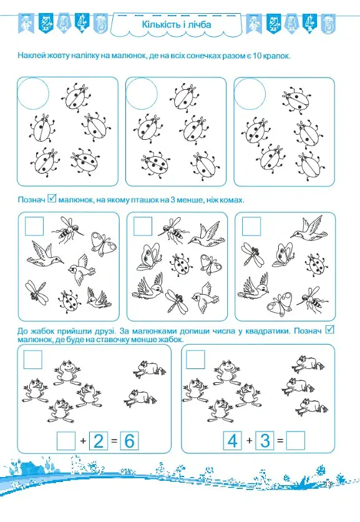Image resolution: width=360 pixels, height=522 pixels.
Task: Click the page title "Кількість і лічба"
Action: (x=177, y=24)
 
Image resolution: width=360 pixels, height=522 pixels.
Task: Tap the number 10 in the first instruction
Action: (x=257, y=56)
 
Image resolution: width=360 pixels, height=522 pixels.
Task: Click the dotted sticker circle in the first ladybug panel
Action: (x=33, y=94)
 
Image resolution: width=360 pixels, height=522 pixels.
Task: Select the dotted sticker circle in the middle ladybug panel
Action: (x=142, y=94)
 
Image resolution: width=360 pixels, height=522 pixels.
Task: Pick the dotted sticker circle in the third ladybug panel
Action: (x=250, y=94)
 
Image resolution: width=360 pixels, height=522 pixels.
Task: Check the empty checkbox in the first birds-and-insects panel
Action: (x=34, y=226)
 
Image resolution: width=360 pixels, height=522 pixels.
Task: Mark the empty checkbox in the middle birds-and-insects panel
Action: (x=143, y=227)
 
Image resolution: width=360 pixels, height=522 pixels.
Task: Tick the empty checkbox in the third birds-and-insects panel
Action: (x=251, y=227)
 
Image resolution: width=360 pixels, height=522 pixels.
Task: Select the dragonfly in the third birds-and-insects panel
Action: (x=253, y=254)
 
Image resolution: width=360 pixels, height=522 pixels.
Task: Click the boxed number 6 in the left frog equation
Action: (x=129, y=441)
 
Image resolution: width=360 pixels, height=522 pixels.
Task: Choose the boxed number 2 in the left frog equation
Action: (x=99, y=441)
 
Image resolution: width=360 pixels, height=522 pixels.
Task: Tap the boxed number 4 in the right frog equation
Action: (x=232, y=441)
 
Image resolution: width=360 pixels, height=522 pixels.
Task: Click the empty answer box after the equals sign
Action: (x=296, y=441)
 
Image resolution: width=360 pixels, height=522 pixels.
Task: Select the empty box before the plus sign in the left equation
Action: (x=66, y=441)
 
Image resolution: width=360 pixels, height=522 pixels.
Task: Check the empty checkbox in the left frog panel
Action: (x=33, y=360)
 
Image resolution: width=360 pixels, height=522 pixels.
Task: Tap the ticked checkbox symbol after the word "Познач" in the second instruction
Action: (x=52, y=199)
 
